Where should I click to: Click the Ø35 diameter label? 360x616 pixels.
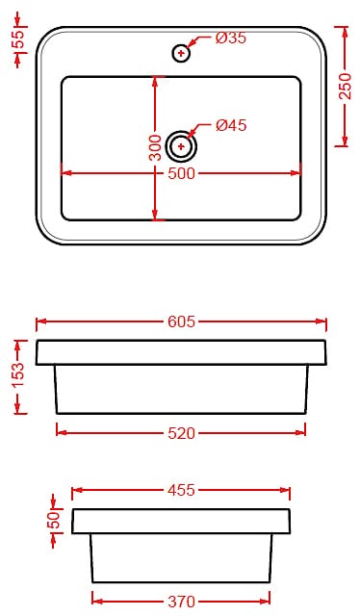pyautogui.click(x=231, y=38)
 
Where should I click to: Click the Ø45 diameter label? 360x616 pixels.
pyautogui.click(x=231, y=125)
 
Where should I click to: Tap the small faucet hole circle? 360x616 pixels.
pyautogui.click(x=181, y=53)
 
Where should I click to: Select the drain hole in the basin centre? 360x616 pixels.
pyautogui.click(x=181, y=146)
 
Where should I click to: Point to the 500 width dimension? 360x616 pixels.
pyautogui.click(x=181, y=173)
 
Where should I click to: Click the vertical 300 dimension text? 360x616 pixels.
pyautogui.click(x=156, y=147)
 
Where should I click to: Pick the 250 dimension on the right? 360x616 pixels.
pyautogui.click(x=345, y=86)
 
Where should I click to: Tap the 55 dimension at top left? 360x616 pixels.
pyautogui.click(x=18, y=38)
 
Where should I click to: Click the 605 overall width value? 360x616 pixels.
pyautogui.click(x=181, y=321)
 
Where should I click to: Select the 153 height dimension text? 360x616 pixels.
pyautogui.click(x=18, y=376)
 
